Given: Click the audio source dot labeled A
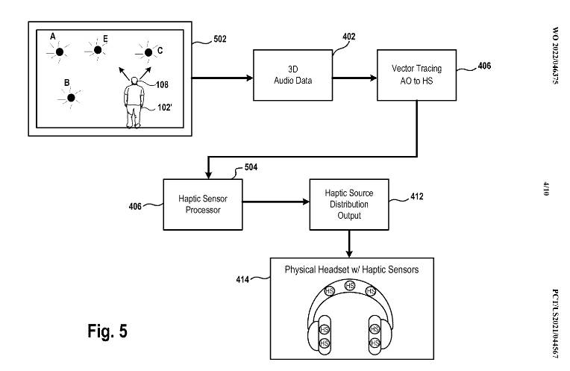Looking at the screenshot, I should tap(58, 52).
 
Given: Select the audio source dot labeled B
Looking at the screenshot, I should tap(72, 97).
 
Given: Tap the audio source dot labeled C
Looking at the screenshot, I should tap(145, 52).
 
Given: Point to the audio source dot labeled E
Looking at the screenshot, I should tap(96, 50).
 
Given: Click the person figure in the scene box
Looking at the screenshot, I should tap(134, 105).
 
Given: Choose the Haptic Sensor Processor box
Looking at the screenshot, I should tap(199, 204).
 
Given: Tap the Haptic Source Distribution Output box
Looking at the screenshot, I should tap(348, 204).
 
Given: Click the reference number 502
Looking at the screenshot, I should tap(219, 39).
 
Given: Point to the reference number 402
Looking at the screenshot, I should tap(348, 36).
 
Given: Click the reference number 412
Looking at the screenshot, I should tap(417, 198).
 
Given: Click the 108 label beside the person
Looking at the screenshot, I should tap(162, 84).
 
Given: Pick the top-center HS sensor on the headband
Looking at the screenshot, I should tap(348, 286).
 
